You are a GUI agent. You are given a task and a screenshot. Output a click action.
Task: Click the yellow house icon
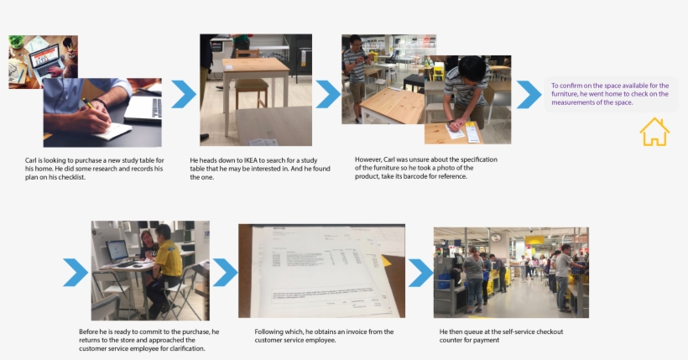point(654,132)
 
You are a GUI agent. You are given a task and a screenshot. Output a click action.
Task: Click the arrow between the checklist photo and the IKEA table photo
point(183,94)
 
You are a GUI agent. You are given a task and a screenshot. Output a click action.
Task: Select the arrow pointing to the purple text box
point(528,94)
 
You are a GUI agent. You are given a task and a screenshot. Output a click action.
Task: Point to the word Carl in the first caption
point(33,159)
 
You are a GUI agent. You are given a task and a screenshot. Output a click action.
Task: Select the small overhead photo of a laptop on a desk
point(42,60)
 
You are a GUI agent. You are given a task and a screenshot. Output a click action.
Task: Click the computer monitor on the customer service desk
point(117,249)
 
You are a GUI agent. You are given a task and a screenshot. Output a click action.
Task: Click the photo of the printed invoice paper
point(321,270)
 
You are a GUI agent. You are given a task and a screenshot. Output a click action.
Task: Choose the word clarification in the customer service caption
point(184,348)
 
